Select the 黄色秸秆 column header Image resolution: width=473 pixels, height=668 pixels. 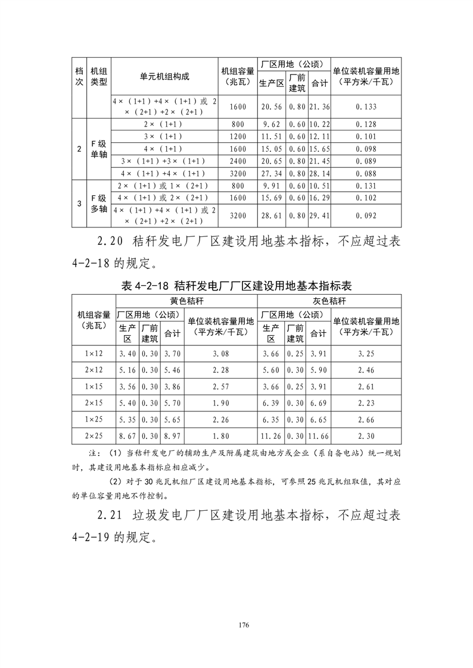tap(186, 301)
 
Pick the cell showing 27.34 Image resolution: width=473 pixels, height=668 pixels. tap(271, 173)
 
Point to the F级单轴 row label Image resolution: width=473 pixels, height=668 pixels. tap(98, 149)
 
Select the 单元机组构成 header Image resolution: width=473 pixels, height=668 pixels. tap(164, 77)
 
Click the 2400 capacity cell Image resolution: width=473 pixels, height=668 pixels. tap(236, 161)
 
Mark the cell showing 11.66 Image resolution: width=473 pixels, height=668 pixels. tap(319, 435)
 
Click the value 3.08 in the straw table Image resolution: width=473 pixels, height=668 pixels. tap(220, 354)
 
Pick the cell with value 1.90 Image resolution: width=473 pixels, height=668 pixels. tap(220, 403)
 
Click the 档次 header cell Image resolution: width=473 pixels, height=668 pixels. tap(79, 77)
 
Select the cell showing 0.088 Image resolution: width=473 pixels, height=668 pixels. tap(366, 173)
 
